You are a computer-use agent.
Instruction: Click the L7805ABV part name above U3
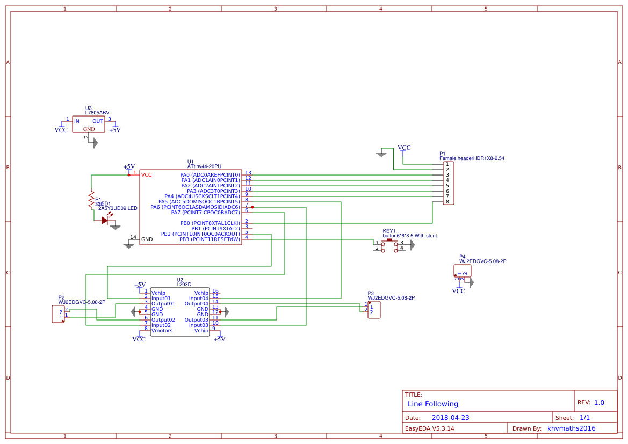(x=97, y=113)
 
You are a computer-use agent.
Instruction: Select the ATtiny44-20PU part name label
(x=204, y=166)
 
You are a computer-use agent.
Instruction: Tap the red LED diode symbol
(x=105, y=220)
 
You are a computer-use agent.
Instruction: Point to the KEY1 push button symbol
(x=389, y=246)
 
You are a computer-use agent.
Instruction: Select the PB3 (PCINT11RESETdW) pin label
(x=210, y=239)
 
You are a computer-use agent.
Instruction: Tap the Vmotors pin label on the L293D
(x=162, y=331)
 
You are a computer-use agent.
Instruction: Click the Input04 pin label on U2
(x=198, y=299)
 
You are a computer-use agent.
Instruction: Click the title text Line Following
(x=432, y=404)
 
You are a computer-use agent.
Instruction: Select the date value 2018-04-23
(x=451, y=417)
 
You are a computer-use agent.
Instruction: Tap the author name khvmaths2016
(x=571, y=428)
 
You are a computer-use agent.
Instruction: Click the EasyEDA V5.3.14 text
(x=429, y=428)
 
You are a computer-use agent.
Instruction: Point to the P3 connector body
(x=374, y=310)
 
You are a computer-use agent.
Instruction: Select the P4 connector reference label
(x=462, y=257)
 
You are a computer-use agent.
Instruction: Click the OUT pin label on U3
(x=97, y=121)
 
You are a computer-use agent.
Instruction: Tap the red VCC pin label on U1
(x=146, y=175)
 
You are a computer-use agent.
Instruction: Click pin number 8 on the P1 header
(x=447, y=202)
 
